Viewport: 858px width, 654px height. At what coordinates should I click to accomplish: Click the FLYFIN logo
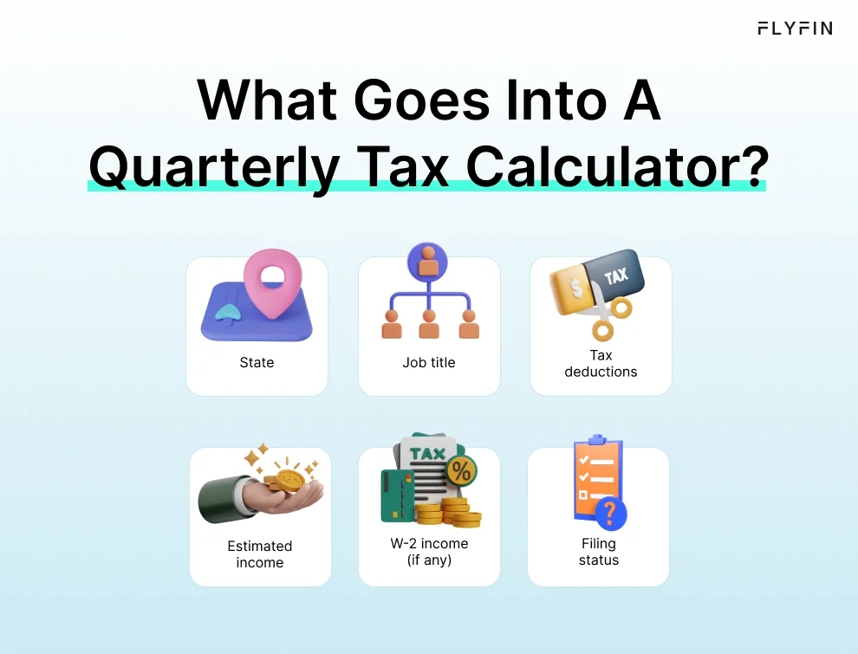(794, 28)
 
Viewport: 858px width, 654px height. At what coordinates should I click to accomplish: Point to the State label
(257, 362)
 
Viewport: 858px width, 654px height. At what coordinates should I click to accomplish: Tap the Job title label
(428, 362)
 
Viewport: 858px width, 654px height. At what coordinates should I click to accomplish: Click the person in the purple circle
(428, 262)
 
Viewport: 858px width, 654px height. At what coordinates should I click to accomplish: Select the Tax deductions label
(601, 363)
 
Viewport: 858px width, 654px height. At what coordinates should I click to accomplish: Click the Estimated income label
(260, 554)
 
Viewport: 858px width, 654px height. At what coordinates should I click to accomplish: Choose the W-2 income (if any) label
(429, 552)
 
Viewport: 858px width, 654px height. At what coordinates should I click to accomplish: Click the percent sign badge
(461, 472)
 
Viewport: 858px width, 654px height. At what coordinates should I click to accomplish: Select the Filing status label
(599, 552)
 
